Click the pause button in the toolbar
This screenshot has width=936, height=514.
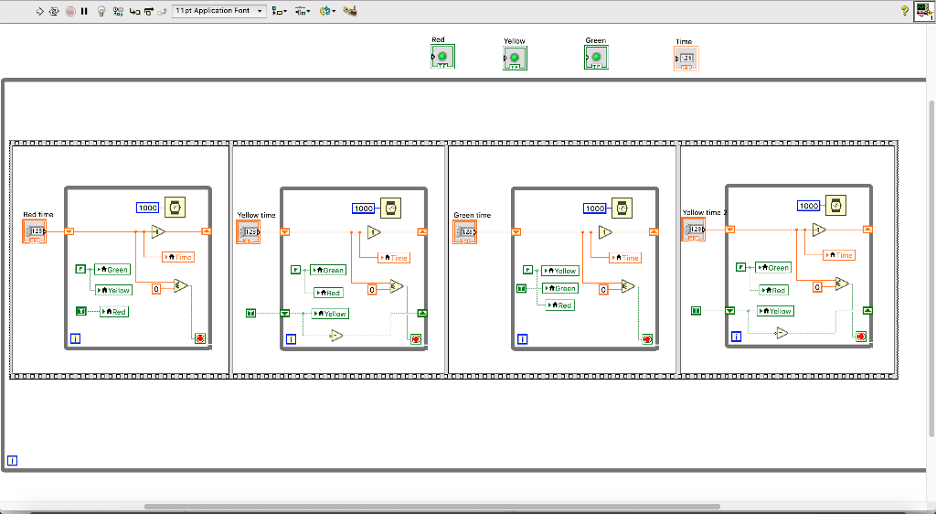coord(84,11)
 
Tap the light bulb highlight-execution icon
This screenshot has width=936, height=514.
coord(101,11)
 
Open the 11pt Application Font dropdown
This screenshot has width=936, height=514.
coord(218,11)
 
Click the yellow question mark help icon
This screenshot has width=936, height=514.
coord(905,11)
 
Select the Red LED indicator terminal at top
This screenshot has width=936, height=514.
coord(442,58)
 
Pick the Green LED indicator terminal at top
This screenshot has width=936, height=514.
coord(596,58)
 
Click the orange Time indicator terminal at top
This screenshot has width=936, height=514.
coord(686,59)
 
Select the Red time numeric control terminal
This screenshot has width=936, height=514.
coord(35,231)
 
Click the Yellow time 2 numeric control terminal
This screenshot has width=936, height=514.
coord(693,230)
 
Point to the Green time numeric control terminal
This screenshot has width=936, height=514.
coord(465,232)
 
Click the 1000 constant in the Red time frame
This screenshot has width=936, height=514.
coord(148,208)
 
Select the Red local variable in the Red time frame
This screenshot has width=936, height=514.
coord(114,312)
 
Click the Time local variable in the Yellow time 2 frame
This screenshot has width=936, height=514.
coord(839,255)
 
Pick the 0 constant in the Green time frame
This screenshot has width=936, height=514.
coord(603,289)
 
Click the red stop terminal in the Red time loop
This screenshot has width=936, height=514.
coord(200,338)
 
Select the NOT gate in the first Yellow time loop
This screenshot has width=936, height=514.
coord(335,336)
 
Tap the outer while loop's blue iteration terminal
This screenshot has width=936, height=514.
coord(13,460)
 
